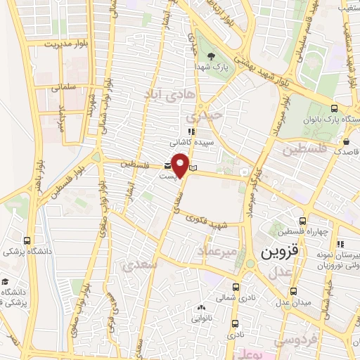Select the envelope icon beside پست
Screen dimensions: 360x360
(167, 165)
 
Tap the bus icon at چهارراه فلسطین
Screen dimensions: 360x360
(303, 221)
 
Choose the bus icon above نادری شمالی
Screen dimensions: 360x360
(235, 287)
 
